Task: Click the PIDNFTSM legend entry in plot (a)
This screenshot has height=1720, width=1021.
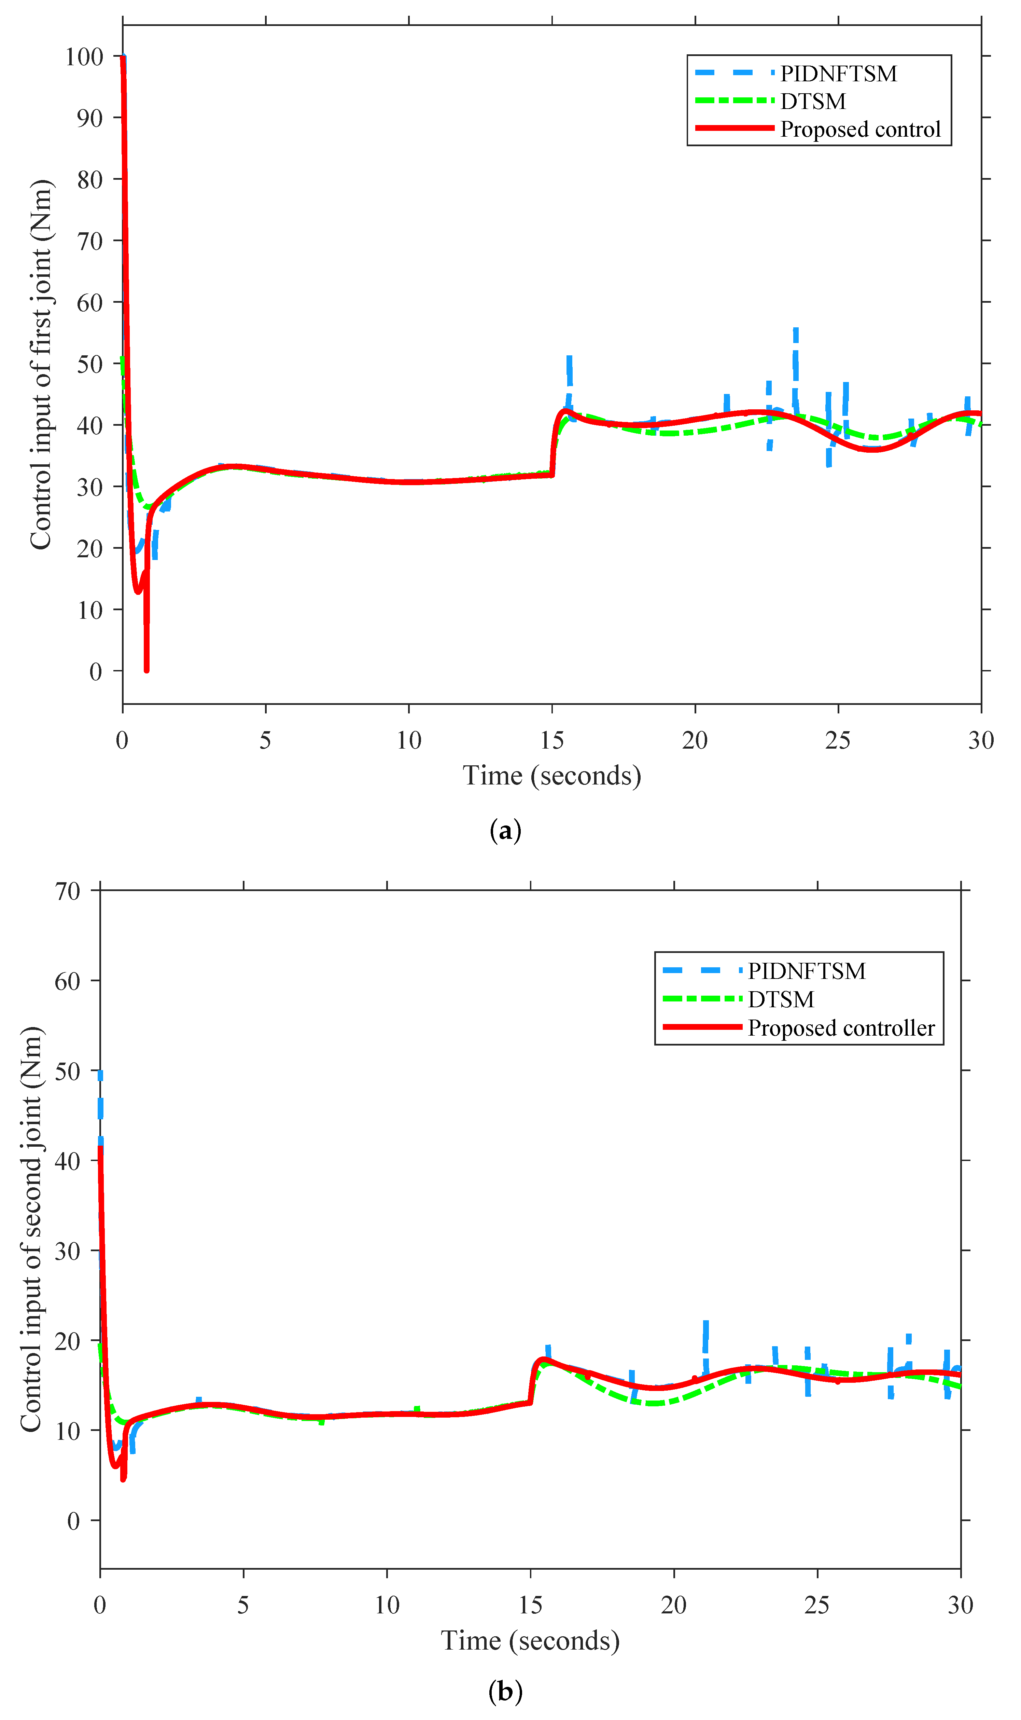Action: coord(838,74)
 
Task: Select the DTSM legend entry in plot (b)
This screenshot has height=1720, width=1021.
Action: coord(781,999)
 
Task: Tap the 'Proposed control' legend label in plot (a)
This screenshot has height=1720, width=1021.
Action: coord(860,129)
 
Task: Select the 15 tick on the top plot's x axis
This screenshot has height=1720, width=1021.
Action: coord(552,741)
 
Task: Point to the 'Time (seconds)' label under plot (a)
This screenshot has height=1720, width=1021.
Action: coord(552,776)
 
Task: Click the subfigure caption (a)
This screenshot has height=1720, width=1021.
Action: coord(505,831)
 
